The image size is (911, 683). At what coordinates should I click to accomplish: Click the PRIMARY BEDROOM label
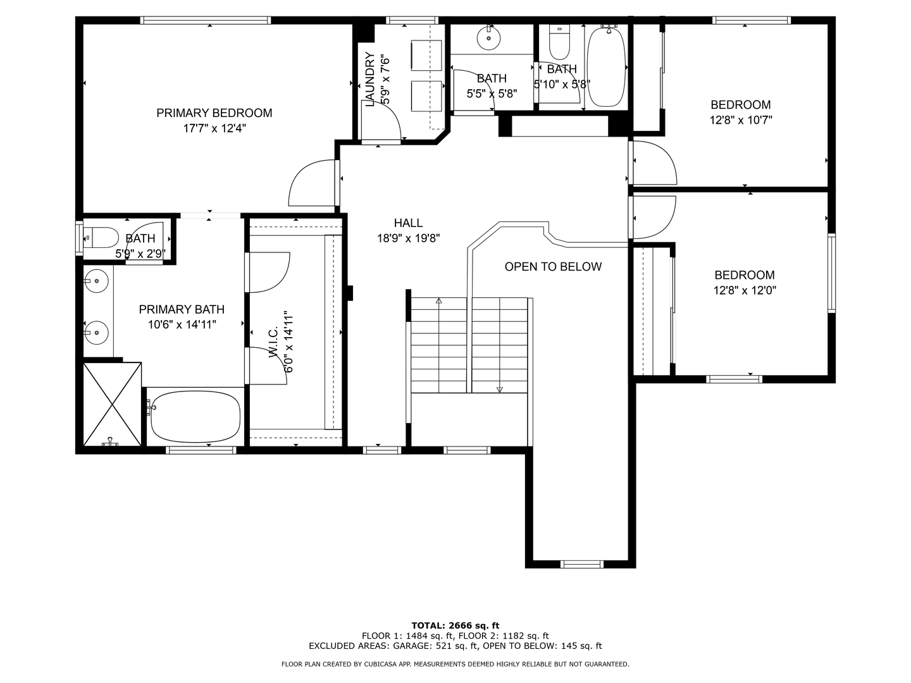tap(214, 113)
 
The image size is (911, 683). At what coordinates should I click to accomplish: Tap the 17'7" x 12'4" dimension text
tap(214, 128)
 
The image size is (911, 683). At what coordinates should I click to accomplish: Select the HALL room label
tap(409, 223)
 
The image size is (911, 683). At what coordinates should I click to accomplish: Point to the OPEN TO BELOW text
tap(553, 267)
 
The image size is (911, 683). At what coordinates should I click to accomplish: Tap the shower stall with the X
tap(113, 404)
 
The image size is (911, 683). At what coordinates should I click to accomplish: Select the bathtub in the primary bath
tap(195, 417)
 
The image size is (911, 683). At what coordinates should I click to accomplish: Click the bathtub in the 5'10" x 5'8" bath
tap(606, 67)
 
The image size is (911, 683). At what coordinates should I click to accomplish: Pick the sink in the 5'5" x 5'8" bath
tap(488, 38)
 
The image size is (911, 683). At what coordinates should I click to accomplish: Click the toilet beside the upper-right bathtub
tap(559, 42)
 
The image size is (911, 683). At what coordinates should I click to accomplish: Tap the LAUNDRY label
tap(370, 79)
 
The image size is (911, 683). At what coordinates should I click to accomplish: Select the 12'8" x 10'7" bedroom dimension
tap(741, 120)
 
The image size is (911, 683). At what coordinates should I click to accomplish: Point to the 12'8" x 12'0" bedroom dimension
tap(745, 290)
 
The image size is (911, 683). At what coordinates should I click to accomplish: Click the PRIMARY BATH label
tap(182, 309)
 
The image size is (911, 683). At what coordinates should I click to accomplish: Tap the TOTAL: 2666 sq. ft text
tap(455, 625)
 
